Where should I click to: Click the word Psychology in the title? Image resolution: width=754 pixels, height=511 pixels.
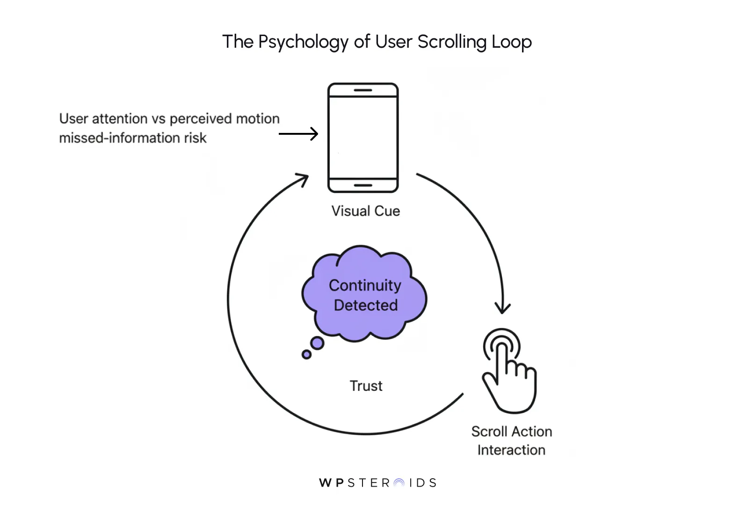[x=303, y=42]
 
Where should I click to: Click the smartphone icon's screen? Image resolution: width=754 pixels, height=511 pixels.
[x=363, y=137]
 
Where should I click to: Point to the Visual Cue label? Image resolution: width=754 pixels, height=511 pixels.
[x=365, y=211]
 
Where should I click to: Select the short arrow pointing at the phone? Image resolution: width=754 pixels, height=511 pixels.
[x=298, y=134]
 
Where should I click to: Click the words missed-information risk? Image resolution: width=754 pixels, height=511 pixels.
[x=132, y=138]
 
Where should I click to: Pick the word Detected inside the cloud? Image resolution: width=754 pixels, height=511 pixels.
[x=365, y=305]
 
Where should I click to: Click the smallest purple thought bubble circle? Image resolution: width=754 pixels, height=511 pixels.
[x=306, y=355]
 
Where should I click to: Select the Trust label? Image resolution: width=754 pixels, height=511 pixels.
[x=366, y=386]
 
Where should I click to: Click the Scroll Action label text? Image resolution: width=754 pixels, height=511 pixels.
[x=511, y=431]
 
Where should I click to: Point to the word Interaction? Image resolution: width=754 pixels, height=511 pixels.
[x=511, y=450]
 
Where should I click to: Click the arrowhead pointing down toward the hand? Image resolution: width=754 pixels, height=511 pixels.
[x=503, y=309]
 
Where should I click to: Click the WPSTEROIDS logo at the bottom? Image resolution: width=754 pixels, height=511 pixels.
[x=377, y=483]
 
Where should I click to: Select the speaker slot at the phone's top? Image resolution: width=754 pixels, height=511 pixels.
[x=363, y=90]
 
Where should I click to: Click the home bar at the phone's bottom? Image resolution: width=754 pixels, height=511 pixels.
[x=363, y=185]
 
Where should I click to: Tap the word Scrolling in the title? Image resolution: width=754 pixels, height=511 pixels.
[x=452, y=42]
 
